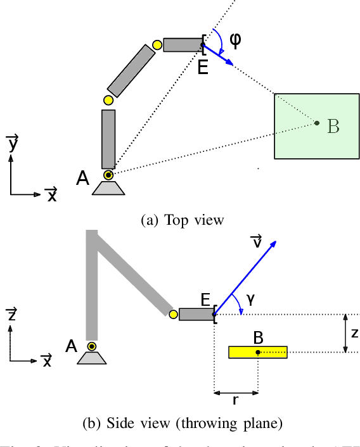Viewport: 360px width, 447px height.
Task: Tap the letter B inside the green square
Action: pos(333,127)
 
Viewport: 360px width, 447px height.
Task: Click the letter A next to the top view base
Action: pos(82,179)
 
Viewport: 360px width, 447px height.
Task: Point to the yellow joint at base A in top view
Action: pos(108,175)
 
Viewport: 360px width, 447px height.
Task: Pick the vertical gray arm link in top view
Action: pos(108,138)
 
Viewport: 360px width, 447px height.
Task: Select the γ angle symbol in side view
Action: pos(251,301)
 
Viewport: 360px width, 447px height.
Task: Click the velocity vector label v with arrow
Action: pos(256,241)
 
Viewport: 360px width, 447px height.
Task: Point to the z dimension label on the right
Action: pos(354,332)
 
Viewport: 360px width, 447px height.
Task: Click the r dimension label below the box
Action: pos(236,400)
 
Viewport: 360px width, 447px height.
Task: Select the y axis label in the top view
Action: pos(11,144)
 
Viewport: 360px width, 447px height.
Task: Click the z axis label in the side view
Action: pos(11,315)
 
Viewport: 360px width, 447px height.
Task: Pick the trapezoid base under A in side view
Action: pos(92,358)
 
